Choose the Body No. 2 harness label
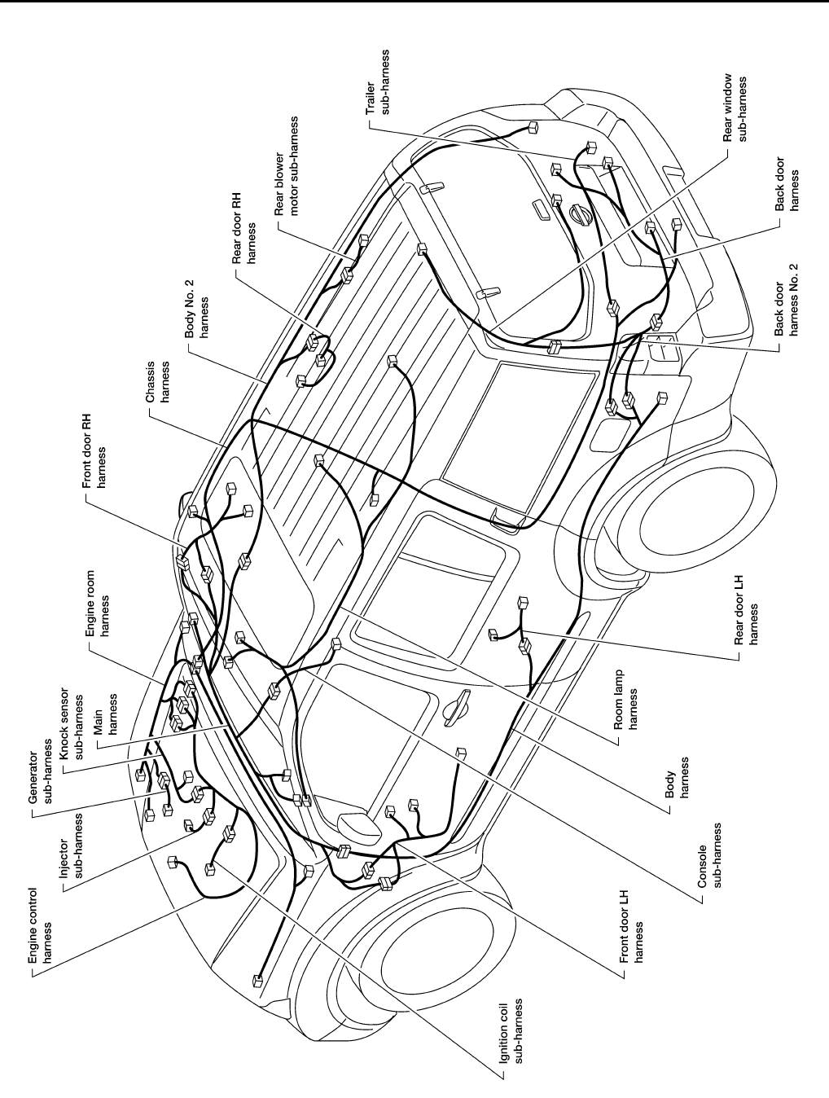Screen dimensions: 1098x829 [x=196, y=314]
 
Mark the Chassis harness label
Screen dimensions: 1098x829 [x=157, y=380]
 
